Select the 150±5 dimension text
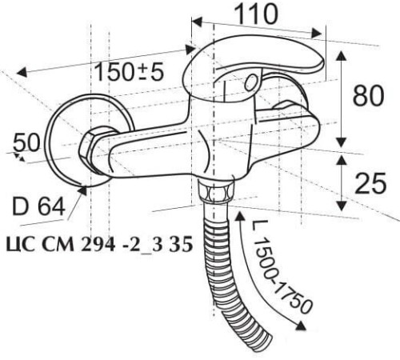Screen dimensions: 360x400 [x=129, y=72]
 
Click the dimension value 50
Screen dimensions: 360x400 [x=26, y=143]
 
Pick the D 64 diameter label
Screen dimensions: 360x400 [x=38, y=210]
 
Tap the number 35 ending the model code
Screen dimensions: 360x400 [x=182, y=246]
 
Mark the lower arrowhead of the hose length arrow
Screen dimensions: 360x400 [x=302, y=327]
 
